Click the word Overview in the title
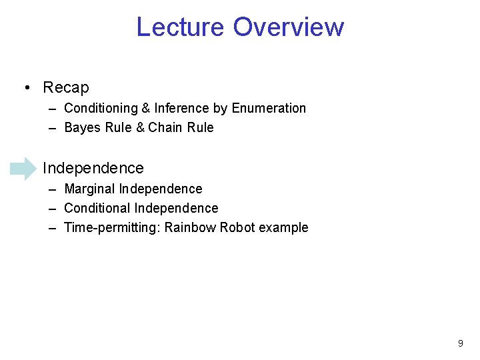289,27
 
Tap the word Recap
66,87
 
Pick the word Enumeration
269,108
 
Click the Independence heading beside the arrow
93,168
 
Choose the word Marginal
89,189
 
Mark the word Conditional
97,208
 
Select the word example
283,228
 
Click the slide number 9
460,343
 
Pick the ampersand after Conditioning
145,108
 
